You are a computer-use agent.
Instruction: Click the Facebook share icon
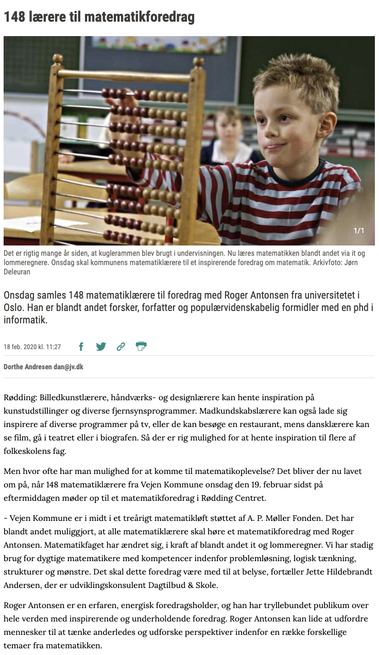click(x=81, y=347)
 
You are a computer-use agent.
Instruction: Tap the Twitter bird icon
click(x=101, y=347)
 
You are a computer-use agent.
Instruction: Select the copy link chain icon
click(x=121, y=347)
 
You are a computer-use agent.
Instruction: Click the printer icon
click(x=141, y=346)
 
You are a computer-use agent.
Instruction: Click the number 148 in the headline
click(x=15, y=18)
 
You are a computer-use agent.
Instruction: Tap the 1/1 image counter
click(x=358, y=231)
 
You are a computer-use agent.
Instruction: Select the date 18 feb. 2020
click(x=22, y=347)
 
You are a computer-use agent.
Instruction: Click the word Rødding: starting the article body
click(x=19, y=398)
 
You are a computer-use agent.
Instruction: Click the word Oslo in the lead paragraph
click(x=14, y=308)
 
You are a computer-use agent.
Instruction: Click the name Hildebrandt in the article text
click(x=329, y=572)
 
